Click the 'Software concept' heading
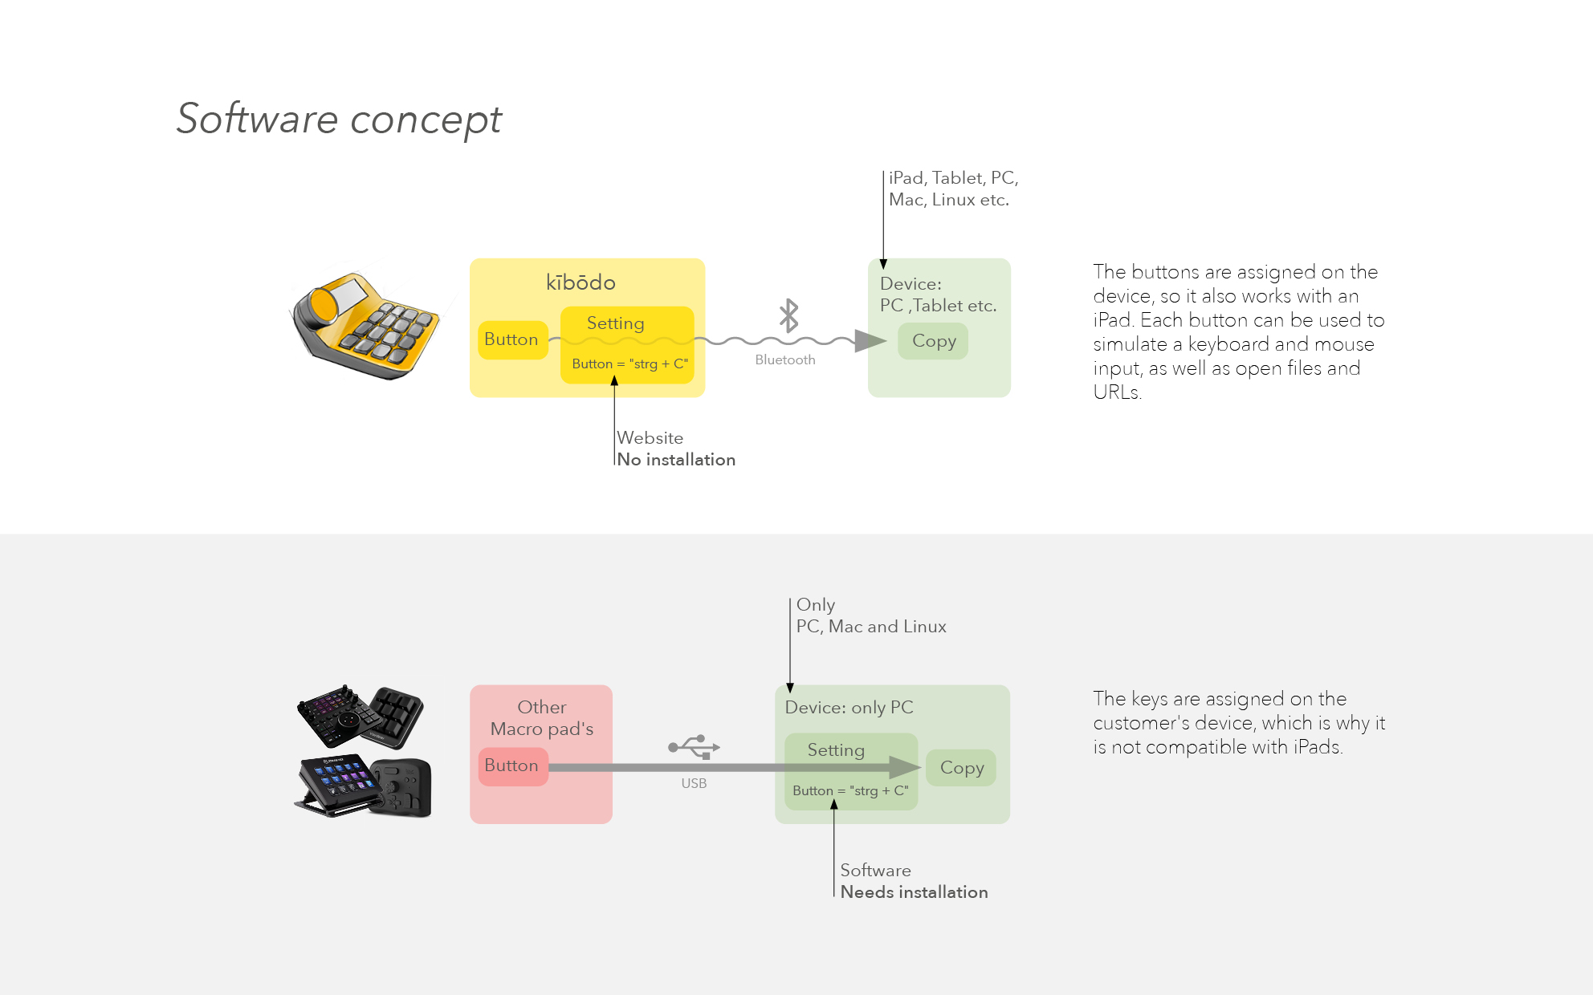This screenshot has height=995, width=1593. [x=339, y=119]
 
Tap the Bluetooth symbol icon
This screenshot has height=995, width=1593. [x=789, y=315]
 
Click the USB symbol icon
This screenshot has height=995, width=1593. [x=695, y=747]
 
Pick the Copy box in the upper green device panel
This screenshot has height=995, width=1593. [x=933, y=341]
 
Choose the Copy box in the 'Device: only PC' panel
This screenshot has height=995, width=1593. [x=961, y=768]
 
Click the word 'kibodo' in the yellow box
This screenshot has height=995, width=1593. [x=581, y=282]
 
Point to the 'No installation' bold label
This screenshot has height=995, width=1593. [x=676, y=460]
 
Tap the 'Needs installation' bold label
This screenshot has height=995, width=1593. [x=914, y=892]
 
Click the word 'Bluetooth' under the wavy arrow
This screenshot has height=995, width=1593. [x=785, y=360]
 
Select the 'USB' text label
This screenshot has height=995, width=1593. [x=695, y=784]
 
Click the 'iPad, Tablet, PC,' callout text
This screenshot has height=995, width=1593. [x=954, y=178]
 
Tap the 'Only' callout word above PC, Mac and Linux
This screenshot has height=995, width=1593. [x=816, y=605]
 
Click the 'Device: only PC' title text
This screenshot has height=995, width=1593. [x=849, y=708]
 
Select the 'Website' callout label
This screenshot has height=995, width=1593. [x=650, y=438]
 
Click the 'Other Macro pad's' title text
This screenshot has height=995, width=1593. [x=542, y=718]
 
